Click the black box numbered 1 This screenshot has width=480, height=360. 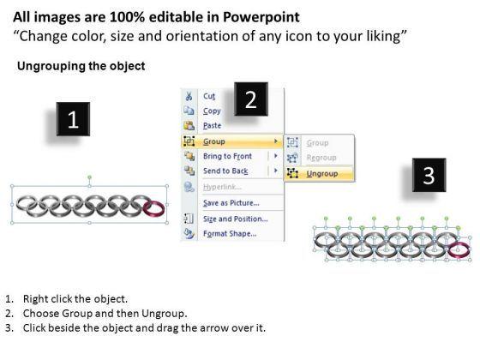point(73,119)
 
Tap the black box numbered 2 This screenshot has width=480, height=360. point(251,99)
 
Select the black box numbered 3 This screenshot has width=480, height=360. point(429,175)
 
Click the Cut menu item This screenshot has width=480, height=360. point(209,96)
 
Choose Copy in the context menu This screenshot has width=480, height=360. point(212,111)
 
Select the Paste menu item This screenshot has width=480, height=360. point(213,125)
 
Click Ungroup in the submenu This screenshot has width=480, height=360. point(322,173)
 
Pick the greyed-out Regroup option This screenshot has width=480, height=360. point(321,158)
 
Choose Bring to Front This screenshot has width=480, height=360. point(227,156)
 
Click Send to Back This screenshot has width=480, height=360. point(225,171)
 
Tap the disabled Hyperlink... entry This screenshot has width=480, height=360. point(222,187)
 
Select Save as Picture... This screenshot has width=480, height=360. point(231,203)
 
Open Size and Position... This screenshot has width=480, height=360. point(236,219)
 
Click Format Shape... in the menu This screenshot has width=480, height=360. point(230,233)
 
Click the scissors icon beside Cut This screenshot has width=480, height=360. point(189,96)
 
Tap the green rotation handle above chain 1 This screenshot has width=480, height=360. point(89,177)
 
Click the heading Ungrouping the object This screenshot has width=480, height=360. point(81,66)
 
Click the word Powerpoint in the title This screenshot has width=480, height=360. point(261,17)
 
